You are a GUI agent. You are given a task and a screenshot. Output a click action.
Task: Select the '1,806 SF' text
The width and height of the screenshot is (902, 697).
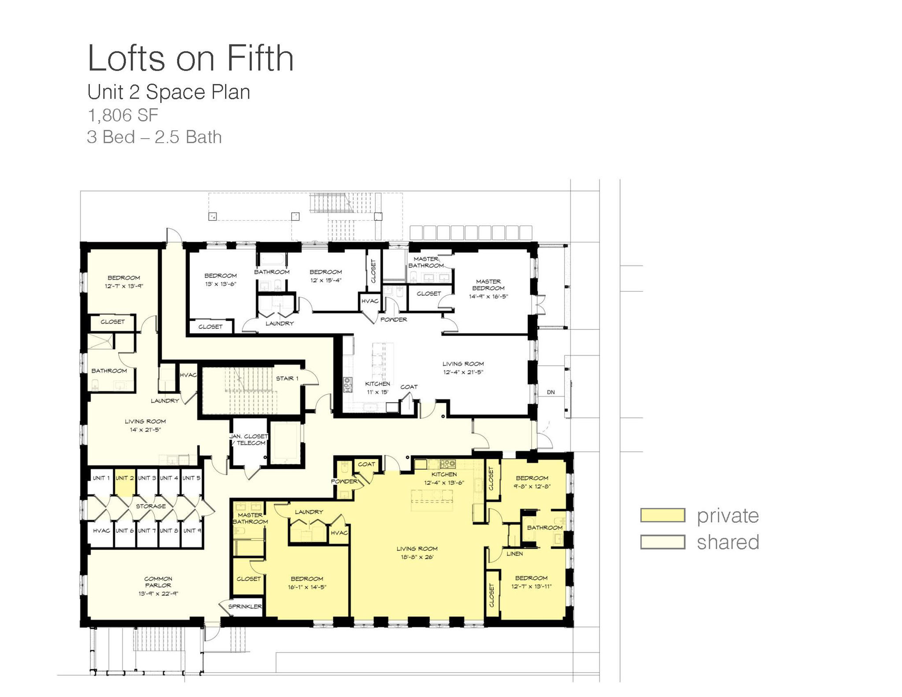pos(123,115)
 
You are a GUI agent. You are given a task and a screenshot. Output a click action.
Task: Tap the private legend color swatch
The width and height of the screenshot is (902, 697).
pos(662,515)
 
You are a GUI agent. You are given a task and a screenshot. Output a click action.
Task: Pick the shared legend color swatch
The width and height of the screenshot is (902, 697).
pos(662,542)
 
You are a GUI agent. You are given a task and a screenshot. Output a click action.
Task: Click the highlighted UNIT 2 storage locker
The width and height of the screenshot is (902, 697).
pos(125,483)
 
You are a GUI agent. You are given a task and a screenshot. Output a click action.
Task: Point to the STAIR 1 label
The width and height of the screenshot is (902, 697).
pos(287,378)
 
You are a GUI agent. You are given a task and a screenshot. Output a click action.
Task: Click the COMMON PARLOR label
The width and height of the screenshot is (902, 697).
pos(158,582)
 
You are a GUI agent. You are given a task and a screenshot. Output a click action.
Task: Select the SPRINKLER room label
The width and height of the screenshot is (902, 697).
pos(245,606)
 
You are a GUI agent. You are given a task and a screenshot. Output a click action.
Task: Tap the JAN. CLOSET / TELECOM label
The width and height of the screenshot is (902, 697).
pos(248,439)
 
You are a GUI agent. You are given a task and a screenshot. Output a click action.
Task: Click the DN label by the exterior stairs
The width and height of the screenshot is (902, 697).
pos(551,392)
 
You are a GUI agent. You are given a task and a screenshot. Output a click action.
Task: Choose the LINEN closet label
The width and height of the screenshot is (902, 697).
pos(514,553)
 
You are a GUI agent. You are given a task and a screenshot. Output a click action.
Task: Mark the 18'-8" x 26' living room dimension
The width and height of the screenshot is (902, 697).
pos(417,557)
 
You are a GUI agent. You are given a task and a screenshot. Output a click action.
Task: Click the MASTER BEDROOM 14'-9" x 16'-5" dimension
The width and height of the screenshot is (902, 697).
pos(488,296)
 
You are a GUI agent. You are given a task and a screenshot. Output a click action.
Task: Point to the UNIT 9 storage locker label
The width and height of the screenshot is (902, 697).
pos(192,531)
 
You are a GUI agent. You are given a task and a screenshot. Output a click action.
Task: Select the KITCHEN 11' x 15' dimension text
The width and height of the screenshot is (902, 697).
pos(378,392)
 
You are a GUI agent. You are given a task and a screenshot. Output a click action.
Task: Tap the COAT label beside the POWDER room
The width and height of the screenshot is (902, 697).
pos(366,464)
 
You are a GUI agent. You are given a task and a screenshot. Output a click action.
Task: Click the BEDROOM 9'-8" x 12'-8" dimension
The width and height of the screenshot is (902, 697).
pos(532,486)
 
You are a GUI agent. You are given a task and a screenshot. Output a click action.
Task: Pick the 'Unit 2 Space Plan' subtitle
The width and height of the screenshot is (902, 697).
pos(169,92)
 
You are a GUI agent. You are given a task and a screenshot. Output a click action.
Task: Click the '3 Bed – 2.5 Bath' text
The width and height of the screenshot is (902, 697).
pos(154,137)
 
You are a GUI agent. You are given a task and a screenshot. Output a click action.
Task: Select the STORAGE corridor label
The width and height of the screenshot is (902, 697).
pos(151,506)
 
